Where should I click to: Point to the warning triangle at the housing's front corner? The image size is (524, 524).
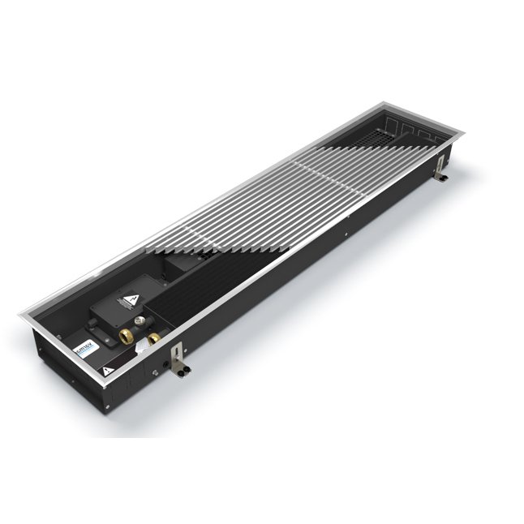pyautogui.click(x=106, y=372)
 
